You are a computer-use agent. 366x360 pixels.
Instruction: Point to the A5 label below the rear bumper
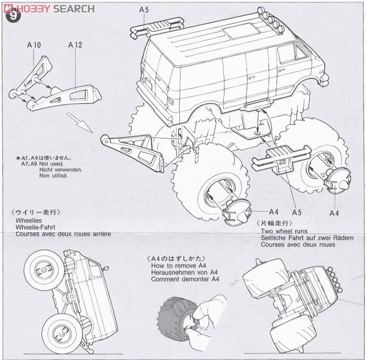point(296,212)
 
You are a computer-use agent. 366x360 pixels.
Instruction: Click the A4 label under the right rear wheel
point(334,212)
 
